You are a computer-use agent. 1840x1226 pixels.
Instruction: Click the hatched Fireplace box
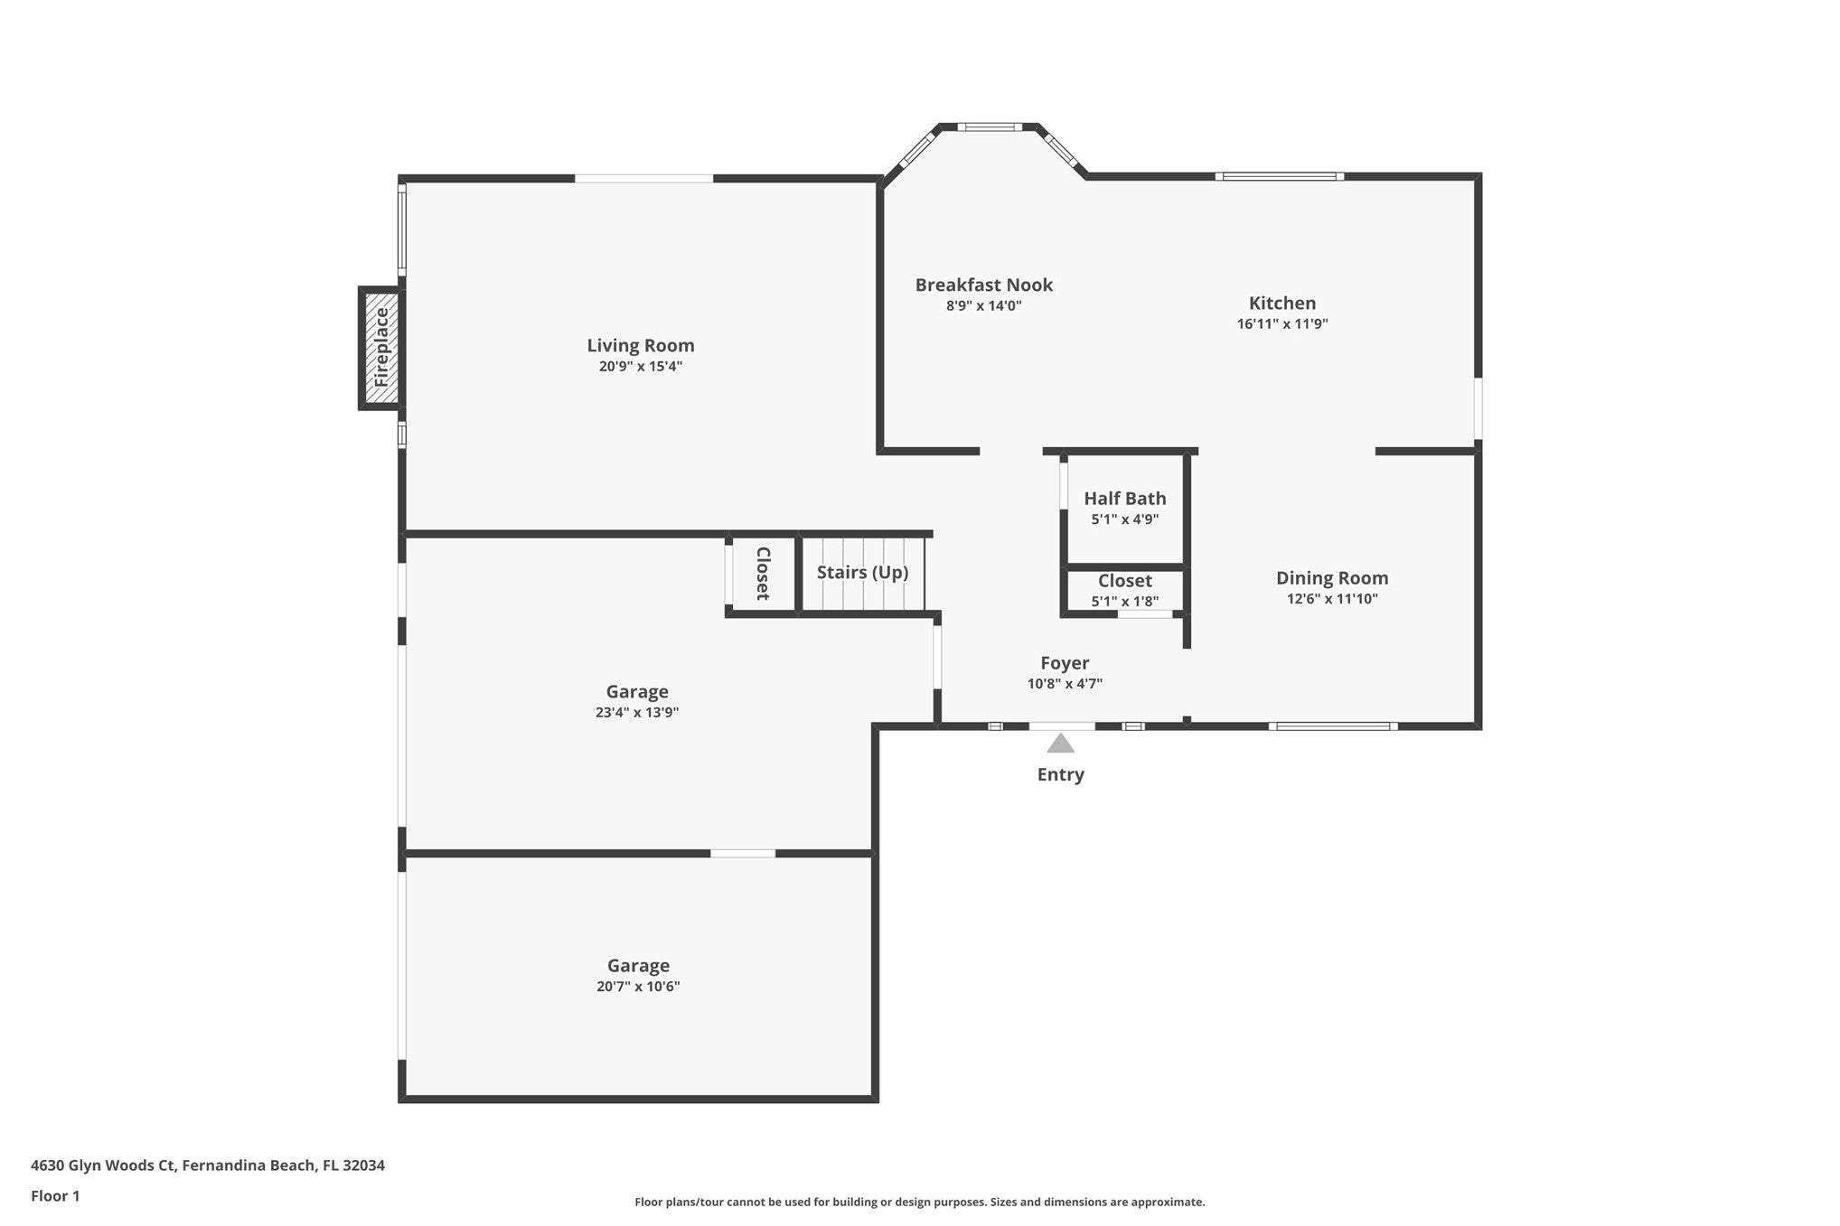tap(381, 348)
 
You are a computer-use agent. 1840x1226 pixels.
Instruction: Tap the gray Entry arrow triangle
tap(1060, 743)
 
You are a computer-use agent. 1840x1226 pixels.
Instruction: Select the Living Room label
tap(641, 345)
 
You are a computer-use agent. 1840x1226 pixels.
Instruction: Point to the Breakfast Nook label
tap(984, 285)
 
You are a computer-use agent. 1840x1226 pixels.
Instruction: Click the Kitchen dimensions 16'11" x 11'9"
tap(1282, 323)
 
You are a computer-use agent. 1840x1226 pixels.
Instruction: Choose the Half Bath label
tap(1125, 498)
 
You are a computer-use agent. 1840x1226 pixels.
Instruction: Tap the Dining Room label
tap(1332, 578)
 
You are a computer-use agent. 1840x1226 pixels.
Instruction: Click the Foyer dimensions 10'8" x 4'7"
tap(1065, 684)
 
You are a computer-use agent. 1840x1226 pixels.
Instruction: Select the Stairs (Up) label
tap(863, 572)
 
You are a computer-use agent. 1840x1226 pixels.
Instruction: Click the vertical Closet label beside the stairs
tap(763, 574)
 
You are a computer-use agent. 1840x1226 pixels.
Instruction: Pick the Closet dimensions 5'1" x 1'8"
tap(1125, 602)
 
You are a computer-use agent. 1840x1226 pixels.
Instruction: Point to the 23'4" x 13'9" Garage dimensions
tap(637, 712)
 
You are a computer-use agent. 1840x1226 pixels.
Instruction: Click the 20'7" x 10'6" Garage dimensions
tap(638, 987)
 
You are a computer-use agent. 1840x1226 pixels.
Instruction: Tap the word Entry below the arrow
tap(1060, 774)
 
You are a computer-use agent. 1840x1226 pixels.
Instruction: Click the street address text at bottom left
tap(208, 1165)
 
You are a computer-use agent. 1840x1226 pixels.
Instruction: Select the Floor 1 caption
tap(55, 1196)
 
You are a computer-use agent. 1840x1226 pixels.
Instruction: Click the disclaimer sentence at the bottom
tap(920, 1203)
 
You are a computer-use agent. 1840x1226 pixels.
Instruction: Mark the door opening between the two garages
tap(743, 853)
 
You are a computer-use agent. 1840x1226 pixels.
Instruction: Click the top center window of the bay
tap(990, 127)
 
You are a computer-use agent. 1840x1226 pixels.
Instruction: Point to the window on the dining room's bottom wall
tap(1333, 725)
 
